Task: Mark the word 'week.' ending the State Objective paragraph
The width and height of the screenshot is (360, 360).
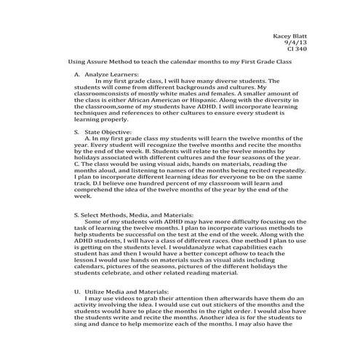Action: (x=83, y=196)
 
